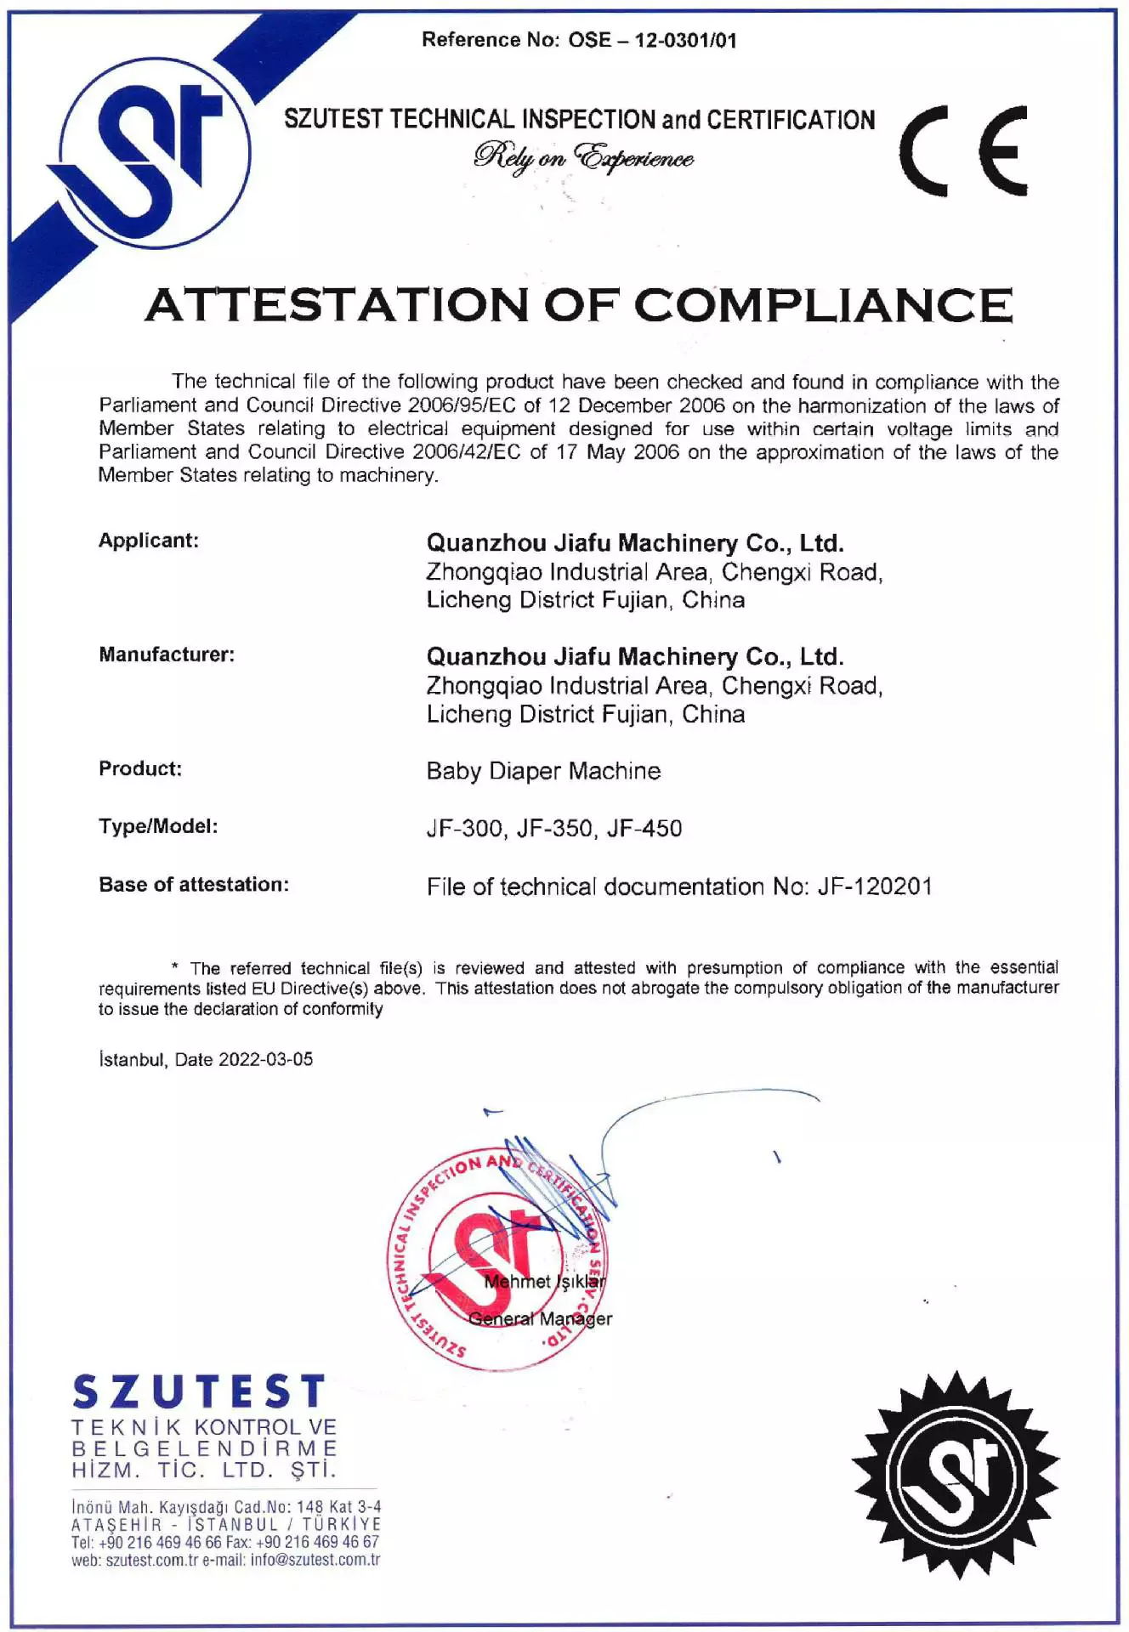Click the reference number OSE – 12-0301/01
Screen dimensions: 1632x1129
(652, 40)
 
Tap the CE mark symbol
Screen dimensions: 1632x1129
(964, 151)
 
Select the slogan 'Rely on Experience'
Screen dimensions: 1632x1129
(583, 157)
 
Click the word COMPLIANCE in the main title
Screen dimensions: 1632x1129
(823, 304)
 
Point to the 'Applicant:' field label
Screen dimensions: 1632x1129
(149, 541)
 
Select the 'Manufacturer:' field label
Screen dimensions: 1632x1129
(167, 654)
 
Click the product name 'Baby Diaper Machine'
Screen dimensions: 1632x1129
(543, 771)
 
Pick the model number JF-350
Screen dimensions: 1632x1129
(554, 829)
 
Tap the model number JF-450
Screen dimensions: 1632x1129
(644, 829)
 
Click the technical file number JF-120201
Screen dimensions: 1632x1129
(875, 887)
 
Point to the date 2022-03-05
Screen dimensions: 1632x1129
(265, 1060)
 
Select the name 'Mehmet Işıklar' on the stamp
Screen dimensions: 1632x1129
(545, 1282)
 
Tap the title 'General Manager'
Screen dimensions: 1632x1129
(540, 1319)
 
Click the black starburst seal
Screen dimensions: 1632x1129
(956, 1475)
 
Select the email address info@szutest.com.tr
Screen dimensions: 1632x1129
(315, 1560)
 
